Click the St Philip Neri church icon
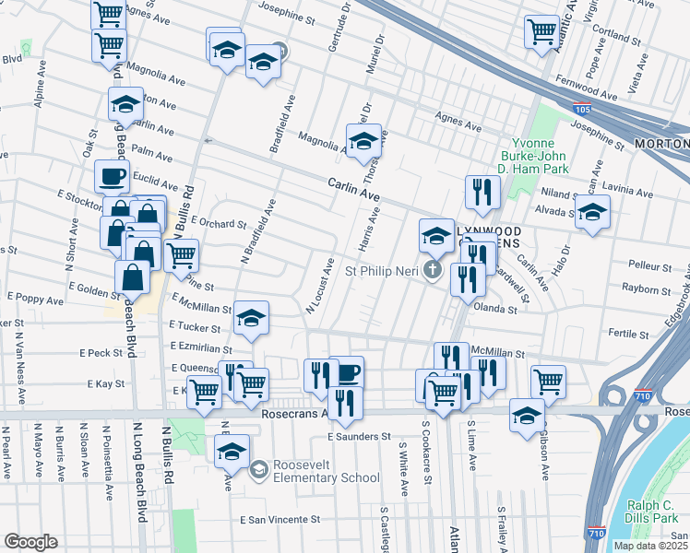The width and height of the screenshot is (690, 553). click(434, 270)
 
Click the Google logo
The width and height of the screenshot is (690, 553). click(30, 542)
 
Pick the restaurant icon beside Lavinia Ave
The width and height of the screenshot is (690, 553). click(482, 191)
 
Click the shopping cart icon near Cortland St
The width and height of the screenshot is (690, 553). click(541, 30)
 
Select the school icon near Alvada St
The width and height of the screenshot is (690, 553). click(592, 211)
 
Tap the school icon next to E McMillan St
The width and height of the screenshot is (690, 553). click(251, 317)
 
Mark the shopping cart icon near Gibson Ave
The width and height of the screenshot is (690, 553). click(548, 380)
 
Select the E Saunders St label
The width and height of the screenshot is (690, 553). click(360, 436)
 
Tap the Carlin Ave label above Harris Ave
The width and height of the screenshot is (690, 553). click(354, 190)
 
